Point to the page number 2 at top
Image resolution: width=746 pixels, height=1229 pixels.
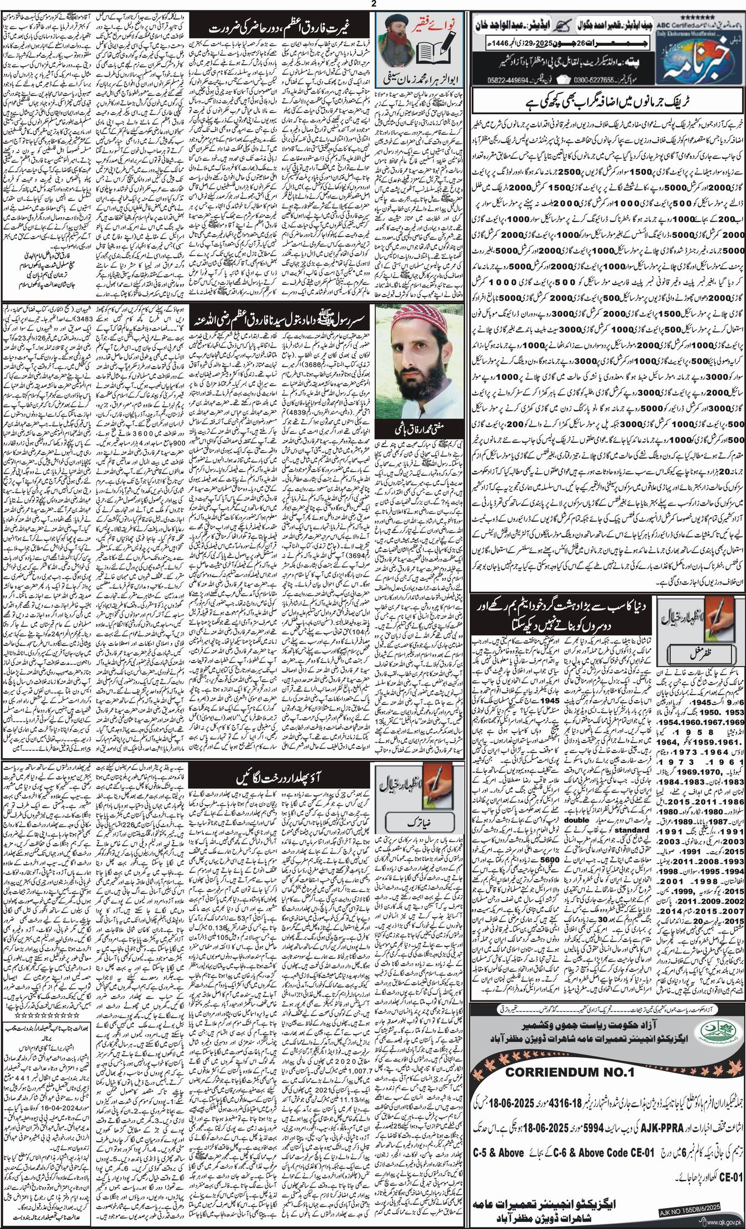tap(373, 4)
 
